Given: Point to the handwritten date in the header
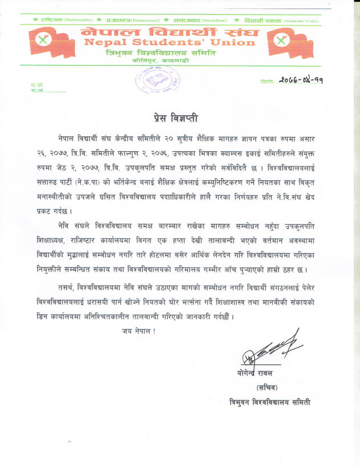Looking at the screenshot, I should (300, 80).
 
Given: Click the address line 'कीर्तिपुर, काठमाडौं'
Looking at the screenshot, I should (164, 60).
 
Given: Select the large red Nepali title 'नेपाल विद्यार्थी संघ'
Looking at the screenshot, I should (170, 31).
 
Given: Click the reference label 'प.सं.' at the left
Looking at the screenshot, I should (37, 85).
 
